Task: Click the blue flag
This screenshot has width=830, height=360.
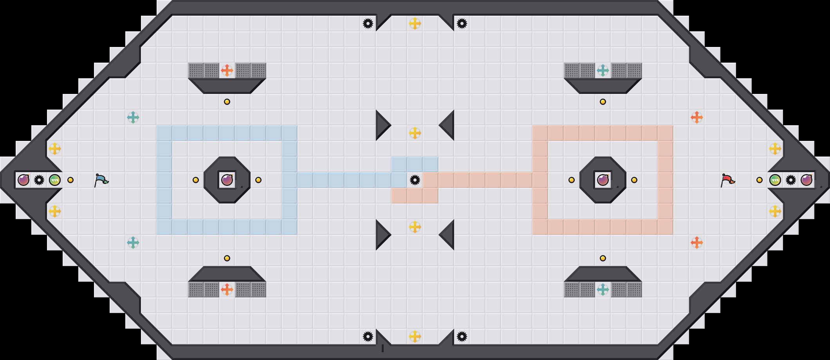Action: pyautogui.click(x=101, y=180)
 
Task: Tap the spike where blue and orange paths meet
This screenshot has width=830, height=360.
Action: pyautogui.click(x=415, y=180)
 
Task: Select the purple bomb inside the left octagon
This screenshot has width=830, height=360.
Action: pyautogui.click(x=227, y=180)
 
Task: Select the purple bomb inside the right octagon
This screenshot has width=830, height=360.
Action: pyautogui.click(x=603, y=180)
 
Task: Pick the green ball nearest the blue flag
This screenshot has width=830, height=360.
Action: pyautogui.click(x=55, y=180)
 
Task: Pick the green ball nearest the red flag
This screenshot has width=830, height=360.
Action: pyautogui.click(x=775, y=180)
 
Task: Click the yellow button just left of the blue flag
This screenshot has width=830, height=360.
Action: pyautogui.click(x=70, y=180)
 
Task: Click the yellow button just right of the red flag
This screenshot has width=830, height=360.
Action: pyautogui.click(x=760, y=180)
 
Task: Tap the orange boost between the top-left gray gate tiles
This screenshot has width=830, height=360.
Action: pyautogui.click(x=227, y=70)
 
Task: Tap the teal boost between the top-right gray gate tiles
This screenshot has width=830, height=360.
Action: pyautogui.click(x=603, y=70)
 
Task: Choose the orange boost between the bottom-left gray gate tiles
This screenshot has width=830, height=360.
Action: pyautogui.click(x=227, y=290)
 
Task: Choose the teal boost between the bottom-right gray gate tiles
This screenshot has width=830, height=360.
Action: pyautogui.click(x=603, y=290)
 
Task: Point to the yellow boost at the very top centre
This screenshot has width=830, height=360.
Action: pyautogui.click(x=415, y=23)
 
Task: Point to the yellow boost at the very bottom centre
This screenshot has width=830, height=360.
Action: pyautogui.click(x=415, y=337)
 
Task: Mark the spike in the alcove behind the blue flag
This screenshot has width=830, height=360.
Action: pyautogui.click(x=39, y=180)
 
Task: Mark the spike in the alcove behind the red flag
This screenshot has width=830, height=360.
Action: pyautogui.click(x=791, y=180)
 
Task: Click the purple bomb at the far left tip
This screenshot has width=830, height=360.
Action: pyautogui.click(x=23, y=180)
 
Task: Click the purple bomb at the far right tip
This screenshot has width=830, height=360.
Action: pyautogui.click(x=807, y=180)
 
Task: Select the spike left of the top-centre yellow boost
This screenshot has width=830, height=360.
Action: pyautogui.click(x=368, y=23)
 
